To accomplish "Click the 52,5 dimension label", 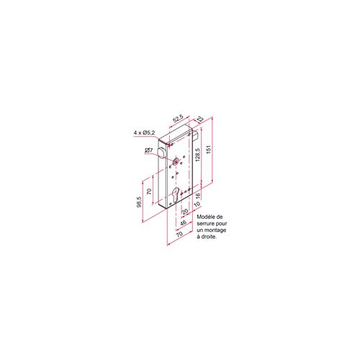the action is (179, 118).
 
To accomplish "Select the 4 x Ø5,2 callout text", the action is (145, 132).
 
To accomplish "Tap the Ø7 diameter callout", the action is (149, 150).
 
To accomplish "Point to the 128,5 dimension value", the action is (197, 155).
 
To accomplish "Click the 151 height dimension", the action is (209, 149).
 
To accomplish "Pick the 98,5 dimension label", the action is (139, 202).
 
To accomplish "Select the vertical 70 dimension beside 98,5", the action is (149, 192).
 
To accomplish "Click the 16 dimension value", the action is (197, 195).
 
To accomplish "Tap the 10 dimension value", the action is (197, 204).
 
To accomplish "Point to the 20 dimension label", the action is (185, 212).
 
